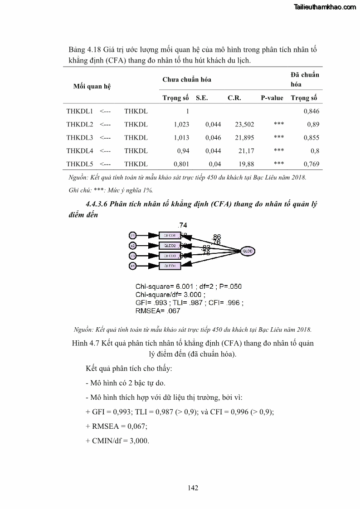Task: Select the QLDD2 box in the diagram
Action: (170, 246)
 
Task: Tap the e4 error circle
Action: (133, 266)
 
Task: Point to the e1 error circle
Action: (133, 236)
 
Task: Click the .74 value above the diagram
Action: (183, 225)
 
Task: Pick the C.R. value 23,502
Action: (244, 125)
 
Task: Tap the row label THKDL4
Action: (79, 151)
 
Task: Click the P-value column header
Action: (272, 98)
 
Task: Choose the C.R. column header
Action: (234, 98)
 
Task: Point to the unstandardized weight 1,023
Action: (181, 125)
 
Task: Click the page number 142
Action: (193, 488)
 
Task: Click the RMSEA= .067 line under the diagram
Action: (158, 311)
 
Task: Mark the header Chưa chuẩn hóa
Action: (187, 80)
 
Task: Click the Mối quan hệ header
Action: (92, 87)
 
